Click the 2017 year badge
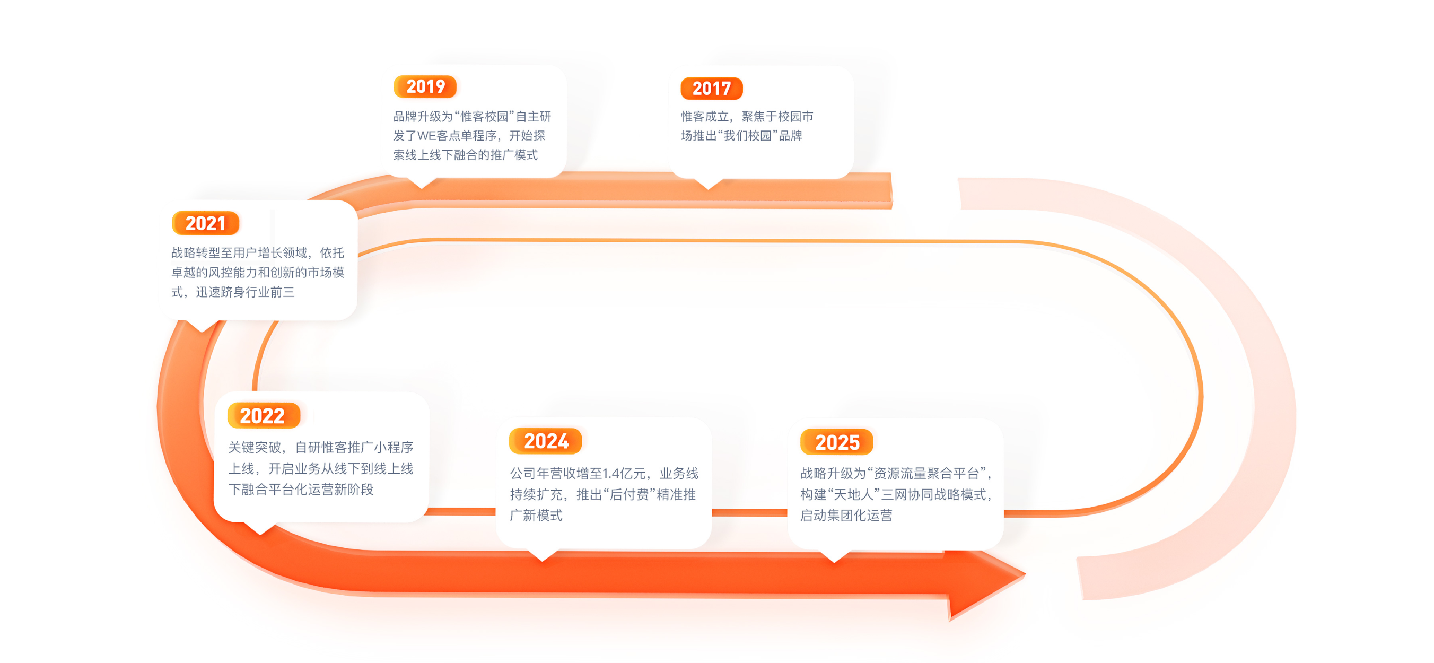[712, 89]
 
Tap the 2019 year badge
[425, 87]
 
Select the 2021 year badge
[205, 223]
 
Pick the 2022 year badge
[263, 416]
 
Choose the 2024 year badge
[546, 441]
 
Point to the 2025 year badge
[837, 442]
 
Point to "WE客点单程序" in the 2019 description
[457, 136]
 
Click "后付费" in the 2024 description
[627, 494]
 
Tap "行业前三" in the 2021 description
[270, 292]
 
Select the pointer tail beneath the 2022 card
[260, 529]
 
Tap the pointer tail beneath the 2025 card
[834, 557]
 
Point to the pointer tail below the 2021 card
[202, 327]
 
